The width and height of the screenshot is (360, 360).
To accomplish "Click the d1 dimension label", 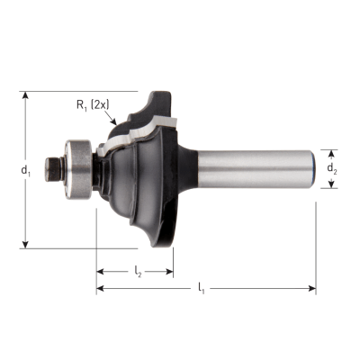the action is (25, 171).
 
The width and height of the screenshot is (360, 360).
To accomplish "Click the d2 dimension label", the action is (331, 169).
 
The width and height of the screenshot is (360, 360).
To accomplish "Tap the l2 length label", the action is (138, 272).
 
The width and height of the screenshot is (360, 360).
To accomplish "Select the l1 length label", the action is (202, 288).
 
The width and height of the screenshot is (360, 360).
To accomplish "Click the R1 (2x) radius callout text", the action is (93, 105).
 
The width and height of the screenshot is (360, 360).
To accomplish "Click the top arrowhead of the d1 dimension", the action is (26, 95).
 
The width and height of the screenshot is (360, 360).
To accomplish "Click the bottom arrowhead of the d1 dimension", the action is (26, 245).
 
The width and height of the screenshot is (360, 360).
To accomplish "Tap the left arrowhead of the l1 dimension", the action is (100, 289).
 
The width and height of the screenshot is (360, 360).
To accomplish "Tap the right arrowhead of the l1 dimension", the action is (312, 289).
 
